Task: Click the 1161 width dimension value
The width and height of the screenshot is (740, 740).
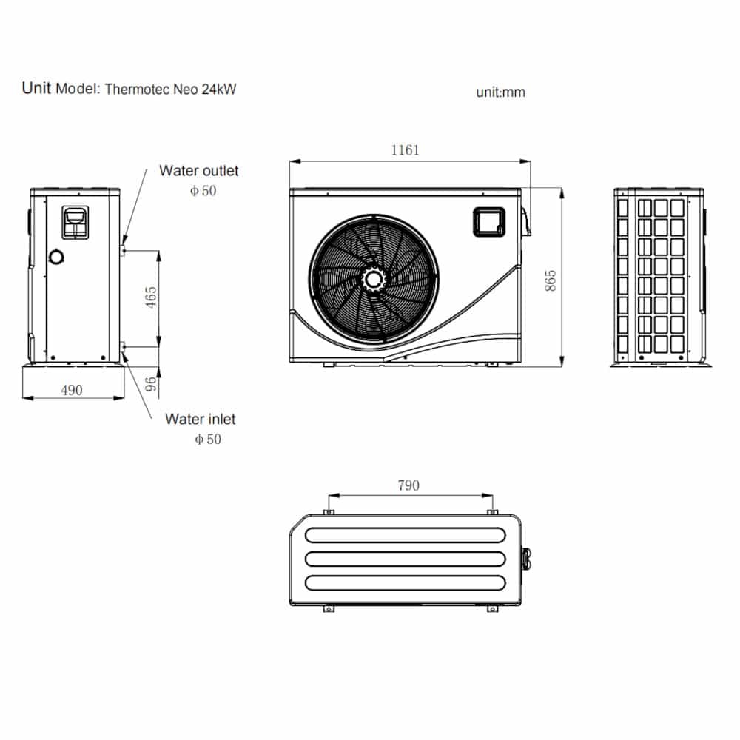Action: pyautogui.click(x=405, y=150)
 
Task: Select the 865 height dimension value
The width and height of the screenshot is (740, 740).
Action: pyautogui.click(x=551, y=280)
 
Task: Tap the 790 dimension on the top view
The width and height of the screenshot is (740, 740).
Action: pyautogui.click(x=408, y=485)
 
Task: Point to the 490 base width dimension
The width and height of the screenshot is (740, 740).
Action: pyautogui.click(x=72, y=390)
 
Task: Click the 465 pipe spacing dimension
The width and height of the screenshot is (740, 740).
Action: pyautogui.click(x=152, y=297)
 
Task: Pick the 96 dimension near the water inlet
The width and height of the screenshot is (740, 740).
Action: pyautogui.click(x=151, y=383)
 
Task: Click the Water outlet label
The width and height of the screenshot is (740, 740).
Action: pyautogui.click(x=198, y=171)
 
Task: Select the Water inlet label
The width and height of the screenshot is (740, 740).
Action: pyautogui.click(x=200, y=419)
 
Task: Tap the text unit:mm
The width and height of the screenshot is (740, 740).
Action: pyautogui.click(x=500, y=92)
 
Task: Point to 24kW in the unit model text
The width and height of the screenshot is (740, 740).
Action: pyautogui.click(x=218, y=90)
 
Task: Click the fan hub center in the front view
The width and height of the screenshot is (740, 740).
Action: pyautogui.click(x=374, y=278)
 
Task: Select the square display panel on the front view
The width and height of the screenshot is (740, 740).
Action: pyautogui.click(x=488, y=221)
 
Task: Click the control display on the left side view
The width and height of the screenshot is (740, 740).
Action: pyautogui.click(x=75, y=221)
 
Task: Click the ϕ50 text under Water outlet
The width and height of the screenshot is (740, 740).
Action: pyautogui.click(x=203, y=191)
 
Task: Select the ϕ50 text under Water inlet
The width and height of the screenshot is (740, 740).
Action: pyautogui.click(x=207, y=439)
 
